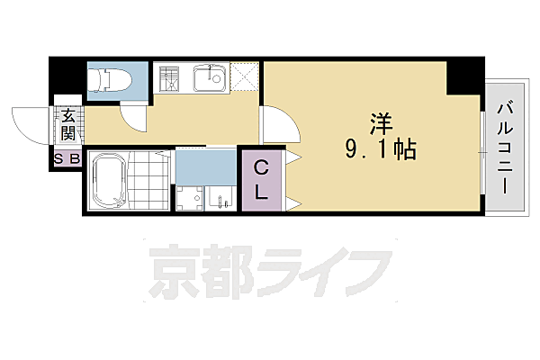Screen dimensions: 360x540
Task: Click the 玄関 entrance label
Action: tap(69, 125)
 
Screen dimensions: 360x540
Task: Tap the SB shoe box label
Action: tap(67, 160)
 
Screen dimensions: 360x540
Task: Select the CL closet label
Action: tap(261, 179)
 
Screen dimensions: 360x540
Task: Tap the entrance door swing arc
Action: tap(29, 122)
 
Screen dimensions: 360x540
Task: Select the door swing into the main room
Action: tap(273, 124)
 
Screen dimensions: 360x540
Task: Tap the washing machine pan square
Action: tap(189, 198)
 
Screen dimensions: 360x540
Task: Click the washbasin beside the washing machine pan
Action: tap(220, 197)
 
